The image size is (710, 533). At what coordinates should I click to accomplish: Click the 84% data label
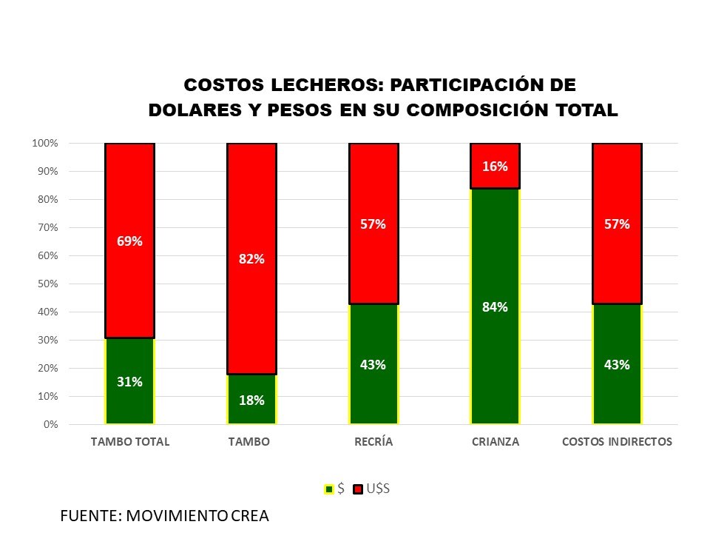pyautogui.click(x=496, y=307)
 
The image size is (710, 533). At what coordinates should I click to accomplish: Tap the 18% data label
pyautogui.click(x=251, y=400)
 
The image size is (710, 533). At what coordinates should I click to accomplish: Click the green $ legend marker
pyautogui.click(x=329, y=489)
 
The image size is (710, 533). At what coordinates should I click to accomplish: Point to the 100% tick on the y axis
pyautogui.click(x=45, y=143)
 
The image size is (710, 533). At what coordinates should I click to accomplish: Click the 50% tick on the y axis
pyautogui.click(x=47, y=284)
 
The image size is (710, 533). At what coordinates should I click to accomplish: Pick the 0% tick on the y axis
pyautogui.click(x=50, y=424)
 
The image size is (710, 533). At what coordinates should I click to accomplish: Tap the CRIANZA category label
pyautogui.click(x=496, y=442)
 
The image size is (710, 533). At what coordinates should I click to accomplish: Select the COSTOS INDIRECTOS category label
pyautogui.click(x=617, y=442)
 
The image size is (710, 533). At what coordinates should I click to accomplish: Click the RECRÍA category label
pyautogui.click(x=373, y=442)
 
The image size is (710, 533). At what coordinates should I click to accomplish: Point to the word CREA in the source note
pyautogui.click(x=249, y=515)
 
